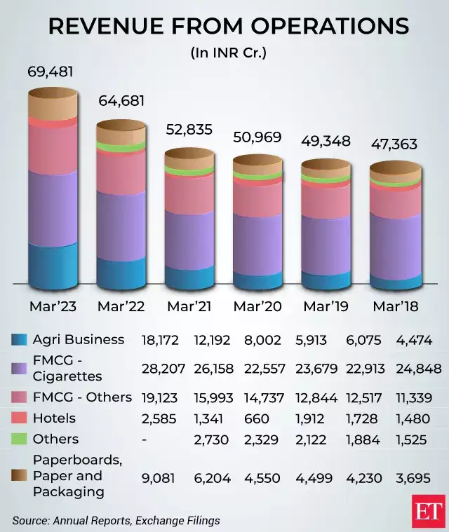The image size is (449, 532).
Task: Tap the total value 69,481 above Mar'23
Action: tap(50, 71)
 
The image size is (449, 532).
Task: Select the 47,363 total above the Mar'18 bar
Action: tap(394, 144)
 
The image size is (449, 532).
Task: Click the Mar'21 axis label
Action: tap(189, 306)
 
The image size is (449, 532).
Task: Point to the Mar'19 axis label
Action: tap(326, 306)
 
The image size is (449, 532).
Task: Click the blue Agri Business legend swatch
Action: tap(20, 340)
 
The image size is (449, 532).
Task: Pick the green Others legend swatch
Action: tap(20, 439)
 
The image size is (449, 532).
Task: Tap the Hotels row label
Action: tap(54, 418)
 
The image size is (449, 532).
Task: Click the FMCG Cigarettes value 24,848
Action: tap(418, 369)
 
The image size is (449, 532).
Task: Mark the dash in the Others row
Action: tap(144, 439)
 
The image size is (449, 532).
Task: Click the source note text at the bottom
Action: tap(116, 520)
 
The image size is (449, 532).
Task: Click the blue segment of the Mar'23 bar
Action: tap(52, 263)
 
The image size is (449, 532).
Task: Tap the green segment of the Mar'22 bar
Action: tap(121, 146)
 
